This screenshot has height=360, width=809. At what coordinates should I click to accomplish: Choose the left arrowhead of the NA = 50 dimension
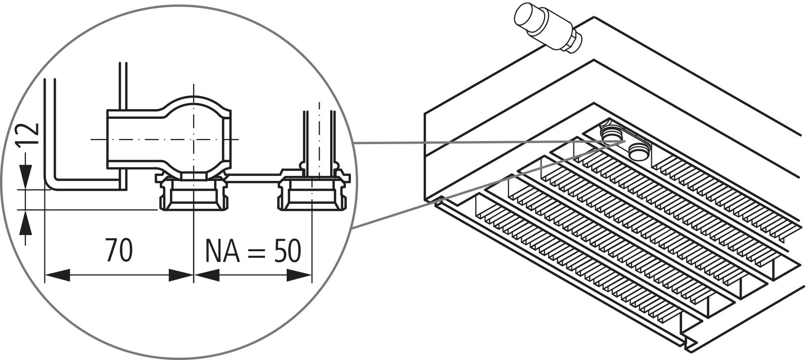206,276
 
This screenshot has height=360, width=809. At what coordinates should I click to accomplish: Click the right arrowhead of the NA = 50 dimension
299,276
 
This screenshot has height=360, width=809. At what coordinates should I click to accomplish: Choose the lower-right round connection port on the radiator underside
640,149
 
